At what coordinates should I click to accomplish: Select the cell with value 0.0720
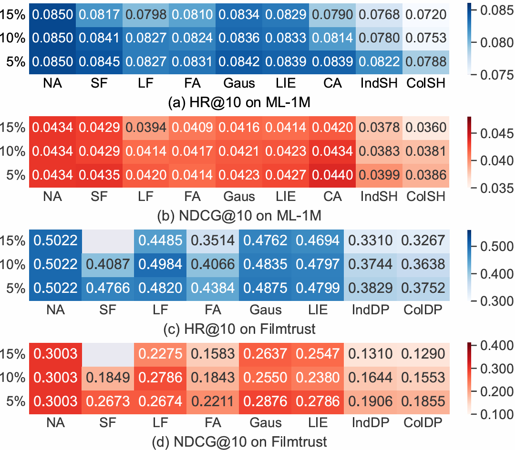tap(426, 15)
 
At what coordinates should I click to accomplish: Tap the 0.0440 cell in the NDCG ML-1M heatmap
tap(332, 175)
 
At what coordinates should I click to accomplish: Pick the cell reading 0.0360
tap(426, 128)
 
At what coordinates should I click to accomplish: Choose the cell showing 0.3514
tap(213, 240)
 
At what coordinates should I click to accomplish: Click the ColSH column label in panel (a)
tap(426, 83)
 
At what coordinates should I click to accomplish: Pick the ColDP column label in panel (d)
tap(423, 422)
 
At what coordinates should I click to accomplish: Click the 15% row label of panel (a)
tap(13, 15)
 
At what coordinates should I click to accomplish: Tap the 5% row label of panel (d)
tap(16, 400)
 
